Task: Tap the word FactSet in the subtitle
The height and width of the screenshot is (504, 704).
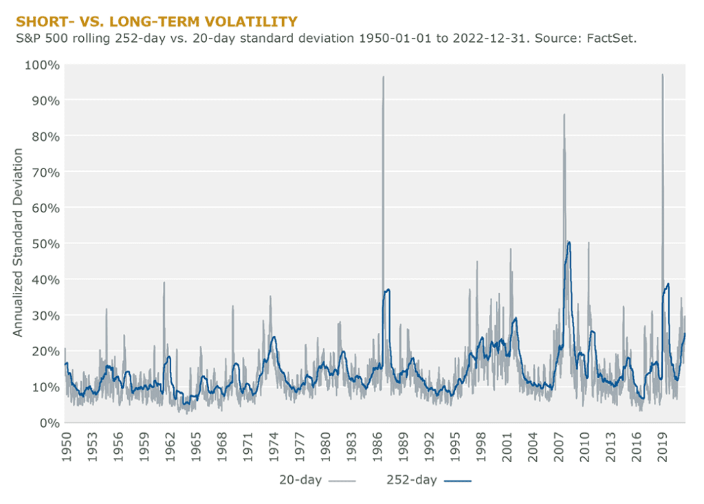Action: (x=610, y=39)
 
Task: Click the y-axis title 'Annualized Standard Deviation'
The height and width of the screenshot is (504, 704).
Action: (x=19, y=243)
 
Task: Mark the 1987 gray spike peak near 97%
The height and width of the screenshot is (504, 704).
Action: (x=384, y=77)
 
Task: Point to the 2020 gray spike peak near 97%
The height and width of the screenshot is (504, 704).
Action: (x=663, y=75)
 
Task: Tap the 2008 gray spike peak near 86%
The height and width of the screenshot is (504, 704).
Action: (x=564, y=115)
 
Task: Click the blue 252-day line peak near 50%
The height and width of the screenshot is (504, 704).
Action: (x=569, y=242)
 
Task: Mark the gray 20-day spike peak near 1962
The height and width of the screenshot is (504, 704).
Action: (x=164, y=282)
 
